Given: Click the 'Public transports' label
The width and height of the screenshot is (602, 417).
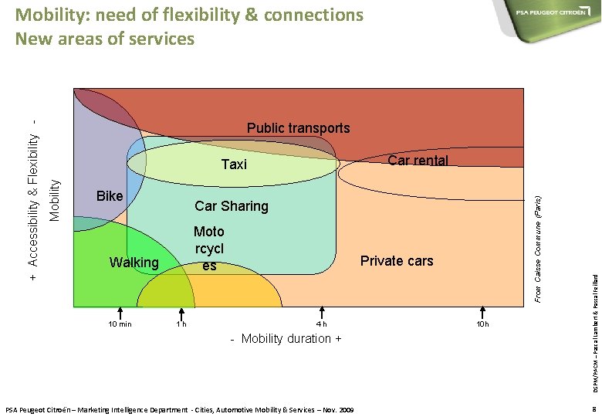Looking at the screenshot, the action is click(x=298, y=128).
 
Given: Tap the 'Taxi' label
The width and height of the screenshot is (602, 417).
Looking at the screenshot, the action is click(x=234, y=164).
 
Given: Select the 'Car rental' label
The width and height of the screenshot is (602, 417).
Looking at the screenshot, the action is click(x=418, y=161).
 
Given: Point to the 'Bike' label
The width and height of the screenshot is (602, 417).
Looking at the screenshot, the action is click(x=110, y=196).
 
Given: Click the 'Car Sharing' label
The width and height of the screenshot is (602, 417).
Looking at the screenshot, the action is click(x=232, y=206).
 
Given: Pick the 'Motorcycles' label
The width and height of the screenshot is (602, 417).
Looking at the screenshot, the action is click(x=209, y=249).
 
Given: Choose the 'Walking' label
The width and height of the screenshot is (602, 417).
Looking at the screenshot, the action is click(x=134, y=263).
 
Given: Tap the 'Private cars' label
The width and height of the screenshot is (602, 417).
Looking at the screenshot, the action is click(x=397, y=261).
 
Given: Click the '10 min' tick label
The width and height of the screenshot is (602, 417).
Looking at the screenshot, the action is click(x=120, y=324).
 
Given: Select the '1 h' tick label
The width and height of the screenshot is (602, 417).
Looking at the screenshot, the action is click(x=181, y=324).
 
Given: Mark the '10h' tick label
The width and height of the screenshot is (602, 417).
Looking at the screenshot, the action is click(x=483, y=324).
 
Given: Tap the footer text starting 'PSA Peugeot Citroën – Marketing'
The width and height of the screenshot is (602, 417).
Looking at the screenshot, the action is click(x=179, y=409).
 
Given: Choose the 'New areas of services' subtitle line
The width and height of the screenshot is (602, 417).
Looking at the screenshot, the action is click(x=105, y=39).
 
